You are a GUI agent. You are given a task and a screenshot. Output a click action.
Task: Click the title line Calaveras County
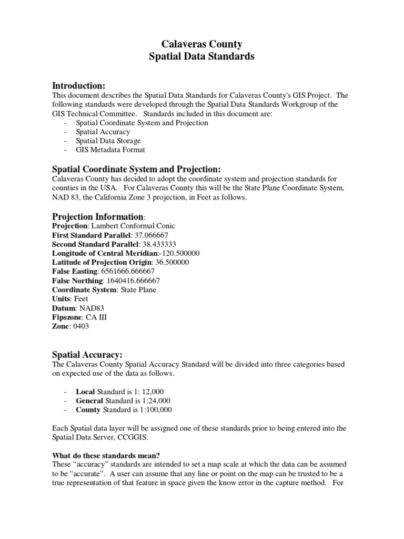pyautogui.click(x=201, y=44)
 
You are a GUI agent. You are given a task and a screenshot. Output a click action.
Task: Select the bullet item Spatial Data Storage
pyautogui.click(x=108, y=141)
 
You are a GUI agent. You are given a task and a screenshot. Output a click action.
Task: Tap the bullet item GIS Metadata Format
pyautogui.click(x=110, y=150)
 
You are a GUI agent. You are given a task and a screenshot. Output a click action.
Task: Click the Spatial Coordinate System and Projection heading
pyautogui.click(x=136, y=169)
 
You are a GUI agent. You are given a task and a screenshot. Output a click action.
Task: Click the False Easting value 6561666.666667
pyautogui.click(x=131, y=272)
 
